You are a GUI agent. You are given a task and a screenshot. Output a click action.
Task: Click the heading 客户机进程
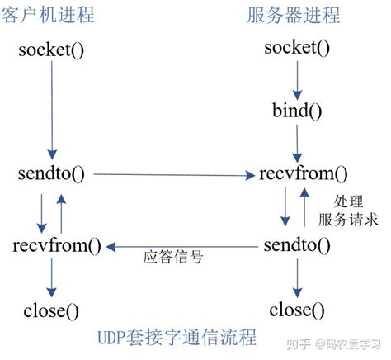coord(50,15)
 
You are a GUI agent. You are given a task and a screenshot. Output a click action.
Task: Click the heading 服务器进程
coord(294,15)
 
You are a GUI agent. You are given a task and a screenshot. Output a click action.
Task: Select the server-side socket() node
coord(298,49)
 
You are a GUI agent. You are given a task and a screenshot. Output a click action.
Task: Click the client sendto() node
coord(50,174)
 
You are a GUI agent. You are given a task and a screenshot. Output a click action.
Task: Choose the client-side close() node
coord(51,312)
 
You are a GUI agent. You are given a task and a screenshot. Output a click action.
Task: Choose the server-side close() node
coord(298,310)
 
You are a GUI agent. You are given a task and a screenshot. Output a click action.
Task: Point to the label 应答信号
coord(174,258)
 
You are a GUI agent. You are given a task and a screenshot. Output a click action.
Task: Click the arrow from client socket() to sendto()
coord(51,111)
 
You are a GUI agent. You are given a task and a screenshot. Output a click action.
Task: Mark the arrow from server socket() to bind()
coord(297,79)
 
